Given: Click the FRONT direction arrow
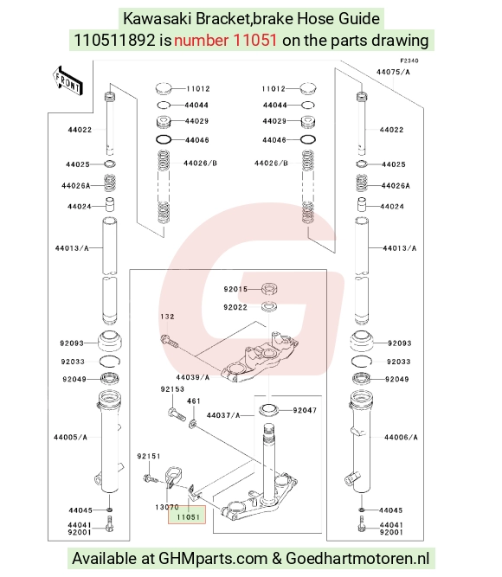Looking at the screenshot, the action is tap(68, 81).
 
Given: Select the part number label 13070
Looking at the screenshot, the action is tap(167, 507).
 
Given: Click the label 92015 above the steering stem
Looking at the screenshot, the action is tap(235, 289).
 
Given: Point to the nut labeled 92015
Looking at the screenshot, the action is tap(269, 289).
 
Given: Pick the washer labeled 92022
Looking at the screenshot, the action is tap(269, 306).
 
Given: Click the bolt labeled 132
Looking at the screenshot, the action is tap(169, 341).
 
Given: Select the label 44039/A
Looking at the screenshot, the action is tap(193, 377).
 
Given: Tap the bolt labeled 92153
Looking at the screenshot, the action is tap(177, 414).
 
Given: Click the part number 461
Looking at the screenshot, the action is tap(193, 401).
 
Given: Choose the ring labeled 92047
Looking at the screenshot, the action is tap(268, 409).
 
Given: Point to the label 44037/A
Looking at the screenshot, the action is tap(223, 415).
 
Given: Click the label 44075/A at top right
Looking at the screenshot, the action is tap(393, 72).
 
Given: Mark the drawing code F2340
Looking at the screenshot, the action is tap(409, 61).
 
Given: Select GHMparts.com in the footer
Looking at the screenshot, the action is tap(213, 559).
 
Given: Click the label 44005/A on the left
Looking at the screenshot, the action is tap(70, 437).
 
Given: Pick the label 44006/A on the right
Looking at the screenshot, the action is tap(401, 437).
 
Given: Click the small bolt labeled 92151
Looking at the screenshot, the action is tap(151, 479).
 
